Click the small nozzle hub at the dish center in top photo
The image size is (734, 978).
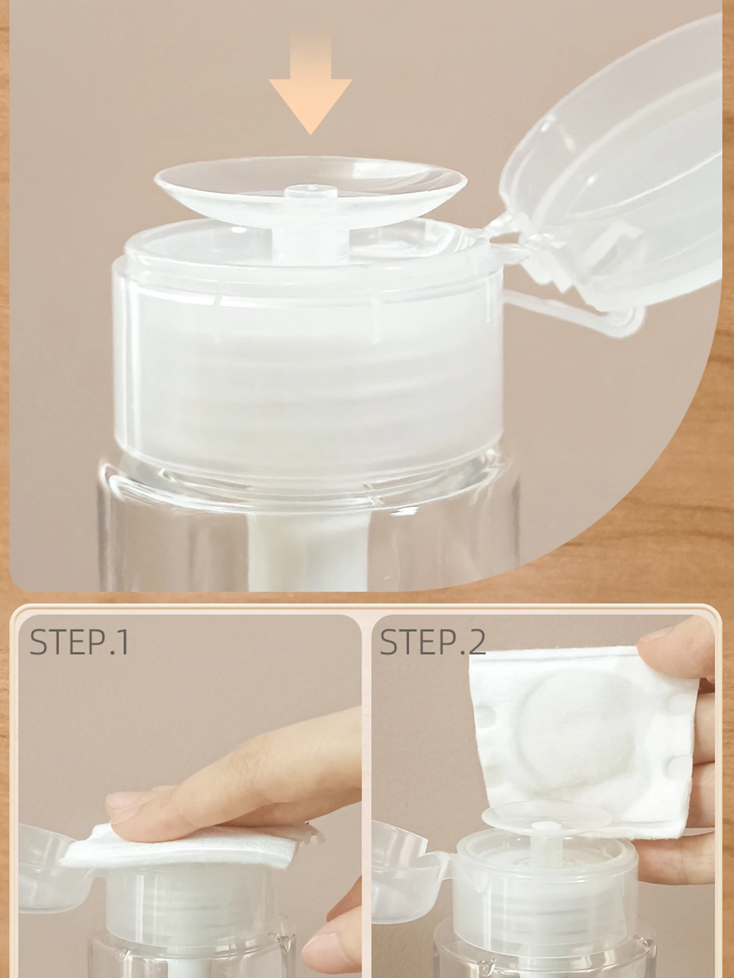(x=310, y=192)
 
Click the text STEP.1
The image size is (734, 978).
(x=79, y=642)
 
